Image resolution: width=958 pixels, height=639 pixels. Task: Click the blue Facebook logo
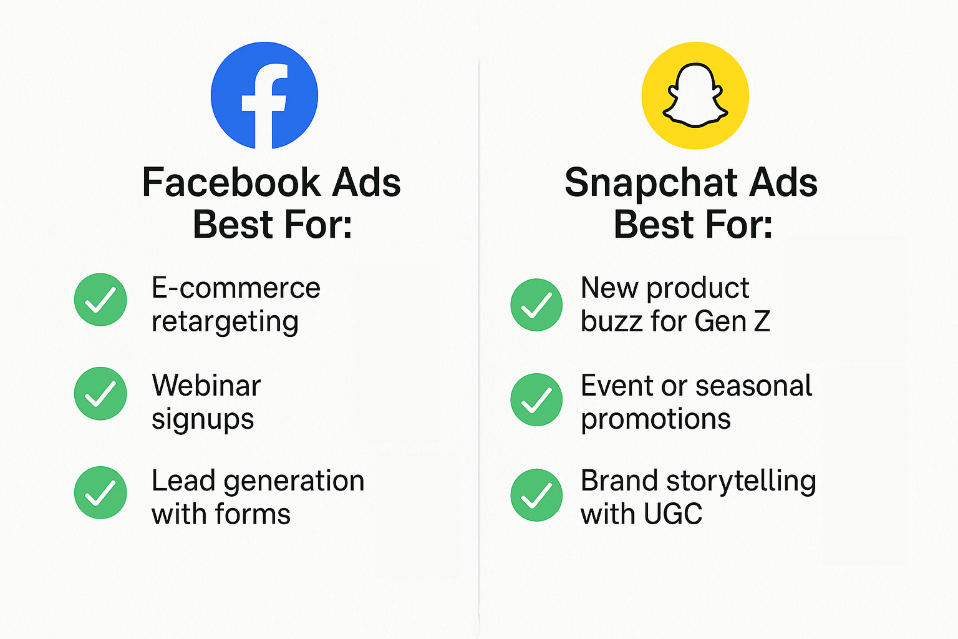[x=264, y=95]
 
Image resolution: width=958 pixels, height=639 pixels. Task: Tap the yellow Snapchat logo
[x=695, y=95]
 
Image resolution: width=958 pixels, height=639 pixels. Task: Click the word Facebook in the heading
[x=231, y=182]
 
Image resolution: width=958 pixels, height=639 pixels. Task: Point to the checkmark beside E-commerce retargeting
[x=100, y=300]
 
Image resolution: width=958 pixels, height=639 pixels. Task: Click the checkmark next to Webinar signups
[x=100, y=393]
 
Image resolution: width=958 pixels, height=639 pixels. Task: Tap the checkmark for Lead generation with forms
[x=100, y=492]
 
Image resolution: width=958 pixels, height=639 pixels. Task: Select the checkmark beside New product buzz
[x=536, y=305]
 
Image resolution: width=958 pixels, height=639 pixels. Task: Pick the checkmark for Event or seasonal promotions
[x=536, y=400]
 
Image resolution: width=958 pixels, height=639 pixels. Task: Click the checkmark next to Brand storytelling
[x=536, y=495]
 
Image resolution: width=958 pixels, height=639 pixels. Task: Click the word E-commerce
[x=236, y=288]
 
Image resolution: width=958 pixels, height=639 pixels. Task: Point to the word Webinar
[x=206, y=385]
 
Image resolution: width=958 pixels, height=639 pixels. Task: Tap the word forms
[x=253, y=514]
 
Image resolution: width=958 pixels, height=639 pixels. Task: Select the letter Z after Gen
[x=762, y=321]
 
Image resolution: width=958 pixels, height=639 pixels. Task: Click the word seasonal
[x=753, y=385]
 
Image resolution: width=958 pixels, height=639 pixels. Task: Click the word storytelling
[x=741, y=482]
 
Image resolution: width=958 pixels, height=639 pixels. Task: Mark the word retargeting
[x=225, y=323]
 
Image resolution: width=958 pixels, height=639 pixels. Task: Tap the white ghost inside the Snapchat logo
[x=695, y=95]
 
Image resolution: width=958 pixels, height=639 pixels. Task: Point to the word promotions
[x=656, y=419]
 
